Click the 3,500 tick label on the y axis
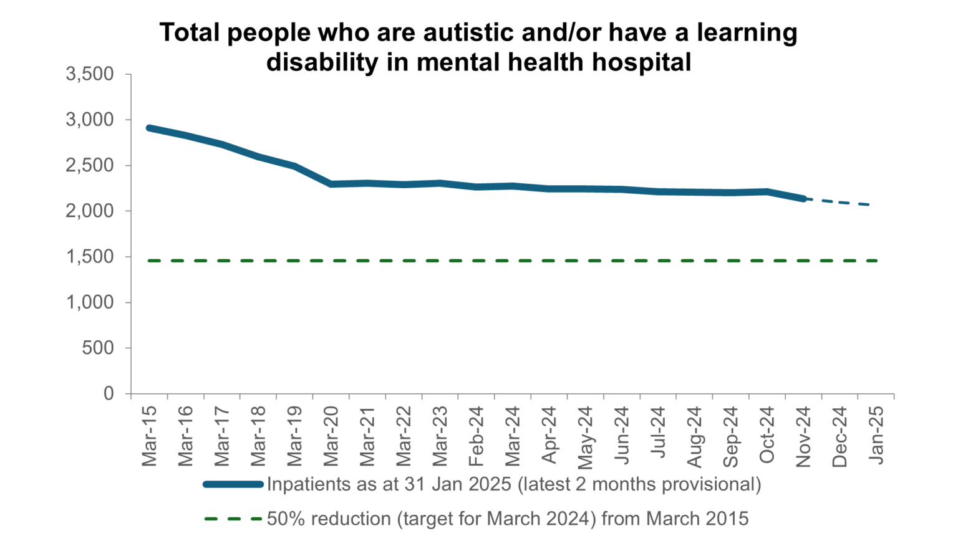coord(90,74)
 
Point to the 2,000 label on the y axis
coord(90,211)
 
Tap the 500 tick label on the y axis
coord(98,348)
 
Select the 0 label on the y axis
coord(109,393)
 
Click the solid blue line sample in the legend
coord(233,484)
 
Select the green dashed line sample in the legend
coord(233,519)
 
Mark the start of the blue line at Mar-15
coord(149,128)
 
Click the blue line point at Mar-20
coord(331,184)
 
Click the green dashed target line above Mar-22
coord(404,261)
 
